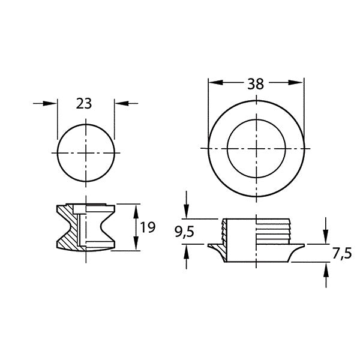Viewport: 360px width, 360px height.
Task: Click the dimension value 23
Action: (x=85, y=103)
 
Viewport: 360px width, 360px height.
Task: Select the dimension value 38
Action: (x=255, y=84)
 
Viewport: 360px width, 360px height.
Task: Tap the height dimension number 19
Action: (x=148, y=227)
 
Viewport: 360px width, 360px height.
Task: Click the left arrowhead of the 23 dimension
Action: (x=52, y=104)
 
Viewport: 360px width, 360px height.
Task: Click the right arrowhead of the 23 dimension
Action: (x=119, y=104)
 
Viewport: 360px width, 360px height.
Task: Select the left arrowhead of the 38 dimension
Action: (x=213, y=84)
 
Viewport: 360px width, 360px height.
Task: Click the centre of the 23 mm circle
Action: (x=85, y=154)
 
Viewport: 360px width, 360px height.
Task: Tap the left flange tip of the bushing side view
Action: (x=210, y=245)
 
